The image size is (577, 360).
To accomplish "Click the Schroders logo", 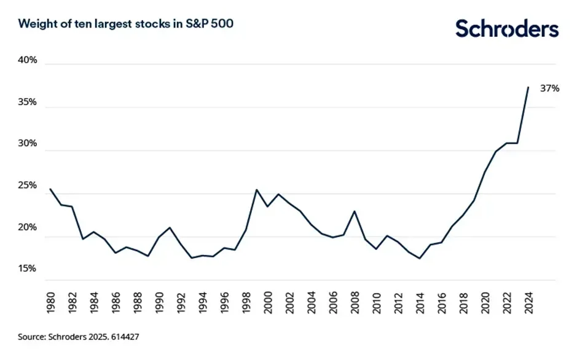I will click(506, 29).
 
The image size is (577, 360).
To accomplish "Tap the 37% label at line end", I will click(549, 88).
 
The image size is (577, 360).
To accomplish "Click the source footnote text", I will click(82, 337).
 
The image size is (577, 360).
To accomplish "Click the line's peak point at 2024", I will click(528, 87).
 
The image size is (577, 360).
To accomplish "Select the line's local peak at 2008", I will click(355, 211).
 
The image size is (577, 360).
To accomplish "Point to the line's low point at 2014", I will click(420, 259).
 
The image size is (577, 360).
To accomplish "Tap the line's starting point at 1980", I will click(50, 189).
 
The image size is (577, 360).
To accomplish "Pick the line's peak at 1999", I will click(257, 190).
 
